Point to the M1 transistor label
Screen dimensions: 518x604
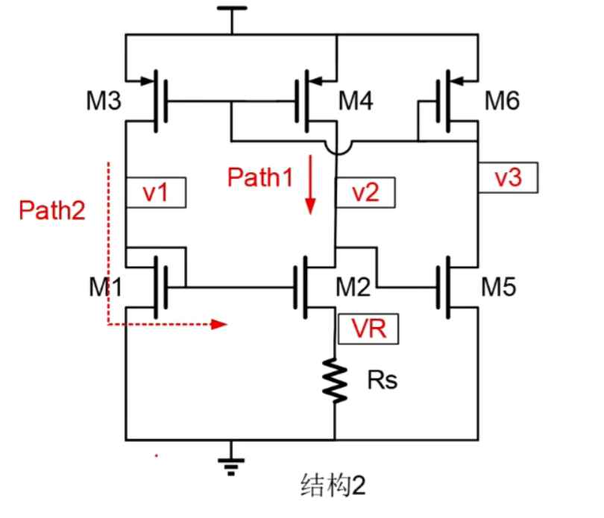click(x=105, y=286)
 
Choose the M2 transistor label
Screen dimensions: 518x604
click(x=356, y=286)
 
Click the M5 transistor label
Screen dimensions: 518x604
click(x=500, y=286)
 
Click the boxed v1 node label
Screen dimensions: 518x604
click(x=156, y=192)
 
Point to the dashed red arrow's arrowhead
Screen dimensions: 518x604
click(x=219, y=324)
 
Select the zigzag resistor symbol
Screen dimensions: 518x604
click(x=335, y=381)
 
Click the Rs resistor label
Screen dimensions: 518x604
click(x=383, y=381)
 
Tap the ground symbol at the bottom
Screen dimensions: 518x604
click(x=230, y=463)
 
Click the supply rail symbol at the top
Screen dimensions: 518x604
click(x=231, y=11)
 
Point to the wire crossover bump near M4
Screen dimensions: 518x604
click(x=338, y=148)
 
